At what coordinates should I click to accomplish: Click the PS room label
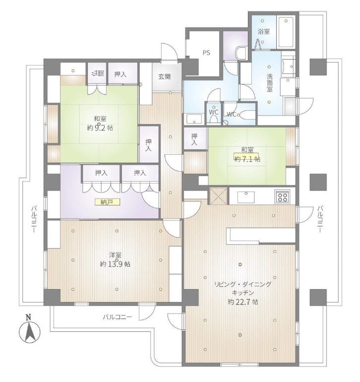point(206,53)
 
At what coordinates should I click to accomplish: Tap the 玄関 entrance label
point(165,76)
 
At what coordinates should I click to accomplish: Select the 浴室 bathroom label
point(264,31)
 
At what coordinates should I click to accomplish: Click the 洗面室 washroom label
point(269,82)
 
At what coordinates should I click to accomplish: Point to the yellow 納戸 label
point(107,202)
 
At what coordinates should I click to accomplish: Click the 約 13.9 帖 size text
point(115,264)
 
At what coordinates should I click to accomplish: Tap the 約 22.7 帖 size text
point(243,302)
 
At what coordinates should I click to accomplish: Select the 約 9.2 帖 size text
point(100,127)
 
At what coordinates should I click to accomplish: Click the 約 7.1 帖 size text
point(247,159)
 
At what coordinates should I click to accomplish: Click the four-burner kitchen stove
point(283,196)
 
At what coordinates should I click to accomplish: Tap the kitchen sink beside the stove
point(246,197)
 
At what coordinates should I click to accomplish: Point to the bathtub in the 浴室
point(286,32)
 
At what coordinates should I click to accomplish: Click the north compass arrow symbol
point(29,332)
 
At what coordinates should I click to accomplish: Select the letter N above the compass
point(29,317)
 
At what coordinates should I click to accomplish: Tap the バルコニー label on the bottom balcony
point(117,317)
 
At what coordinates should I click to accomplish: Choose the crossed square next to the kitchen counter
point(218,196)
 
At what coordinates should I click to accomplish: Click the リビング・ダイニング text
point(243,284)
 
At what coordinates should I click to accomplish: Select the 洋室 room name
point(115,255)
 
